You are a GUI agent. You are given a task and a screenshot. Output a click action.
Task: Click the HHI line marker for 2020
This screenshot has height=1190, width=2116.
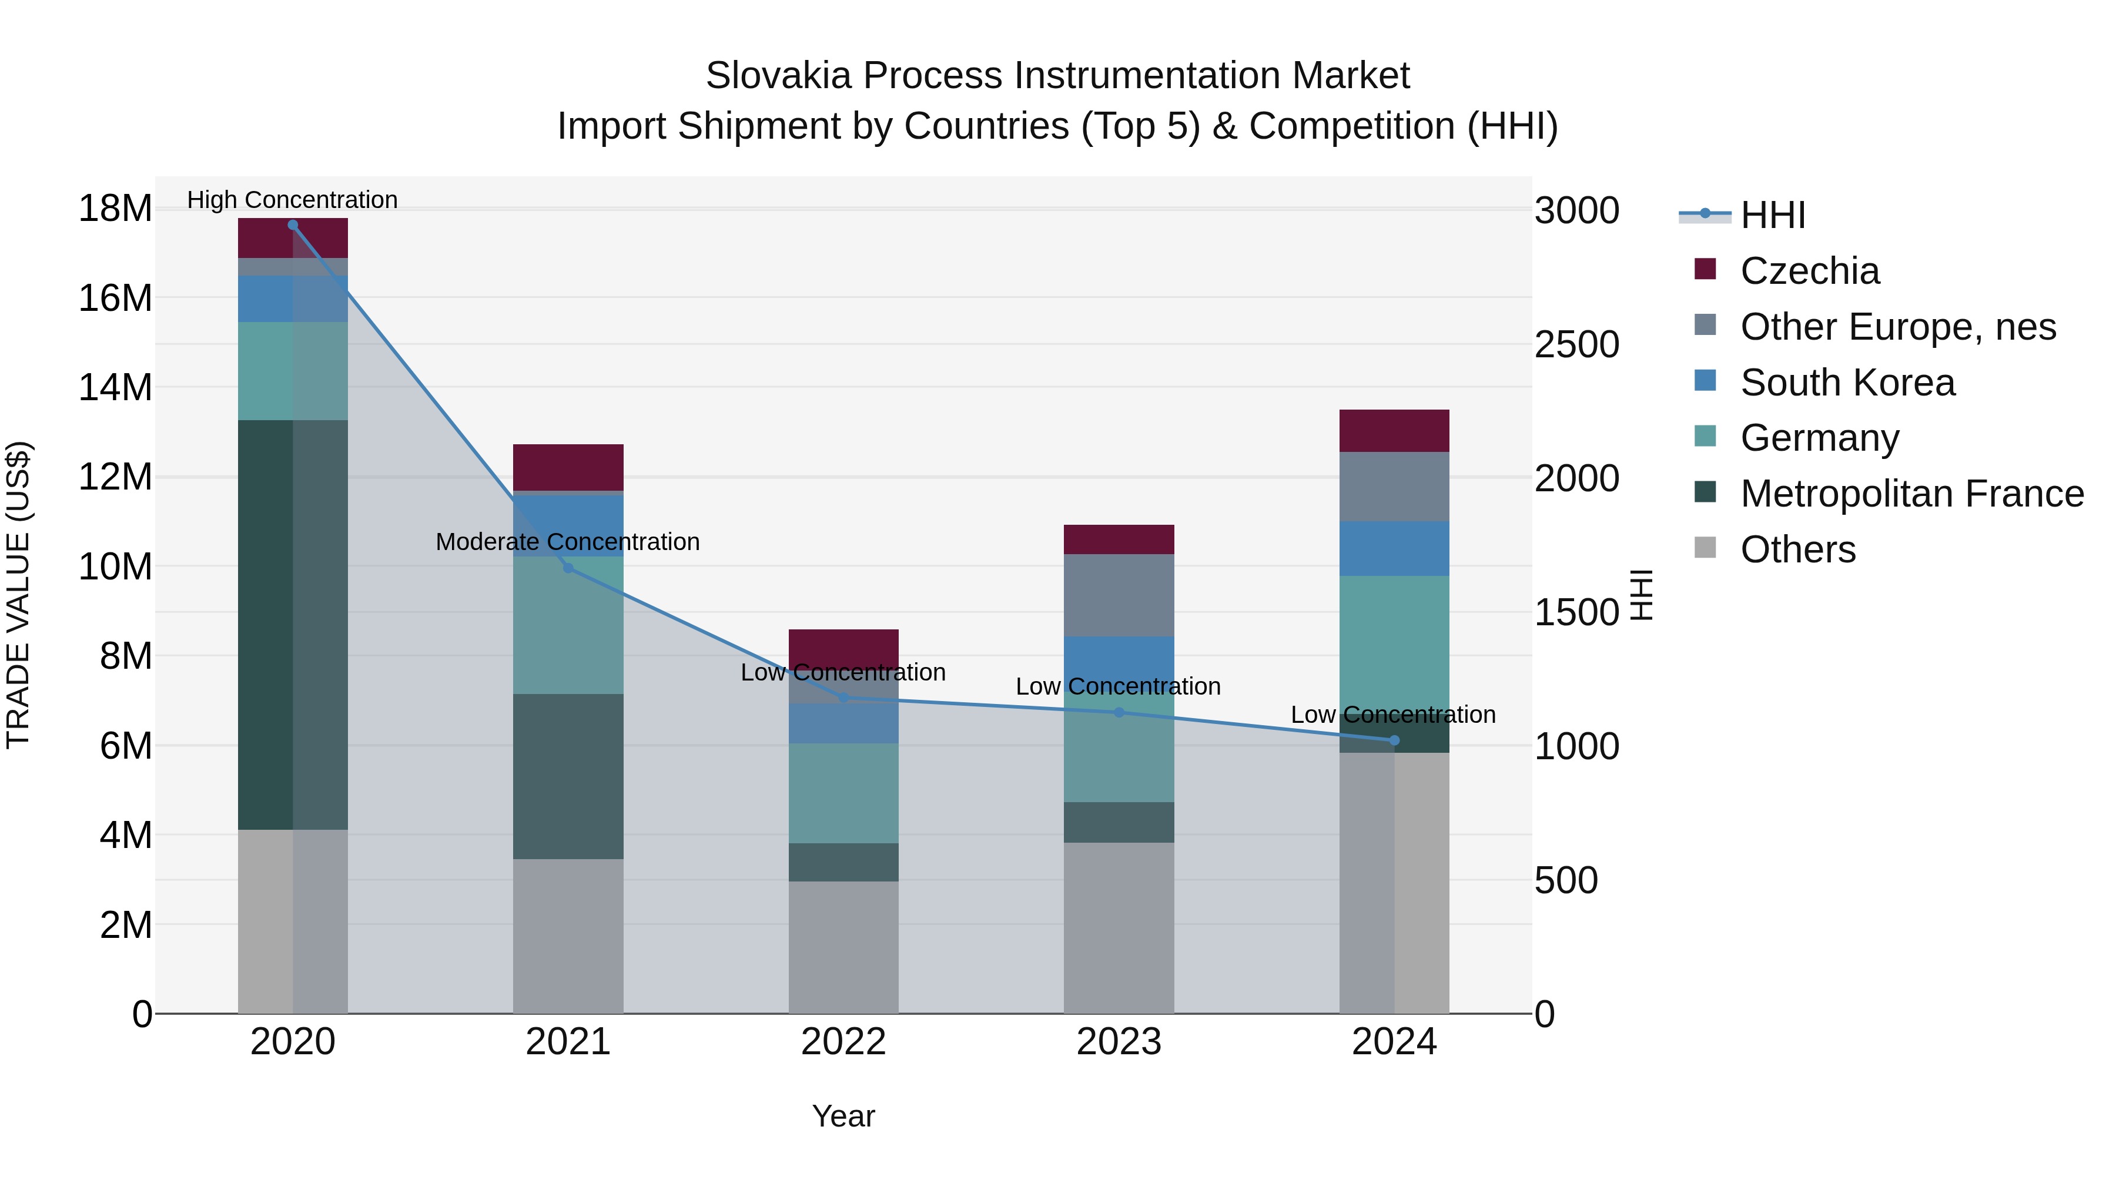tap(293, 225)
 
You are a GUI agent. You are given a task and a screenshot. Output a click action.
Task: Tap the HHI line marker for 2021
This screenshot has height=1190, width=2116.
tap(568, 568)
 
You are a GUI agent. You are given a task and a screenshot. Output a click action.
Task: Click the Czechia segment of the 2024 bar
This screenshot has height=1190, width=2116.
tap(1394, 430)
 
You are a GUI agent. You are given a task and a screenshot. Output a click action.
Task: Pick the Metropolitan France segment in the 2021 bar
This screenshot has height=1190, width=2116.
tap(568, 776)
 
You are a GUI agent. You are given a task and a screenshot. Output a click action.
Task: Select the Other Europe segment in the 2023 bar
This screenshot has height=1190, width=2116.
tap(1119, 595)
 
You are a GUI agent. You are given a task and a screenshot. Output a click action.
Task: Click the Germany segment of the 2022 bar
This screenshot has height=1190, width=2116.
tap(843, 793)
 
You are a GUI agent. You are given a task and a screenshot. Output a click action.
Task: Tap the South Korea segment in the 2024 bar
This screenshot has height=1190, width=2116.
tap(1394, 549)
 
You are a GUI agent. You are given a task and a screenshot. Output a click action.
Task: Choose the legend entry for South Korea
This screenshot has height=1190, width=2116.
tap(1847, 383)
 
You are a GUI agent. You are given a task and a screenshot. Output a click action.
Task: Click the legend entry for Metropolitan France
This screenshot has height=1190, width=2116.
tap(1911, 494)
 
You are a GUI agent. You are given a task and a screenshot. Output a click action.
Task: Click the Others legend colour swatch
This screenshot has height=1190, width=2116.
tap(1705, 548)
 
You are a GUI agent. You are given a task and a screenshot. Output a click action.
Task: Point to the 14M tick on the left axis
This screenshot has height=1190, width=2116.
tap(115, 387)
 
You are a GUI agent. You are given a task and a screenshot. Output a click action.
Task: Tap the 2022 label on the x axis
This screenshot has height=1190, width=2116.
tap(843, 1042)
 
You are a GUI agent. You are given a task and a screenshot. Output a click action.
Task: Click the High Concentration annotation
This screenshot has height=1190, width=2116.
tap(293, 200)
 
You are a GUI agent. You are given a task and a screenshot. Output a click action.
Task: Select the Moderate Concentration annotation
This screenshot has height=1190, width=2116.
tap(568, 542)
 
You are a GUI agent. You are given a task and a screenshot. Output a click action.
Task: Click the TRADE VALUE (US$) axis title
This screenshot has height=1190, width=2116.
tap(18, 595)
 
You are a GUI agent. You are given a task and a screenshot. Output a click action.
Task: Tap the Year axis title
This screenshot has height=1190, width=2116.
tap(843, 1116)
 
